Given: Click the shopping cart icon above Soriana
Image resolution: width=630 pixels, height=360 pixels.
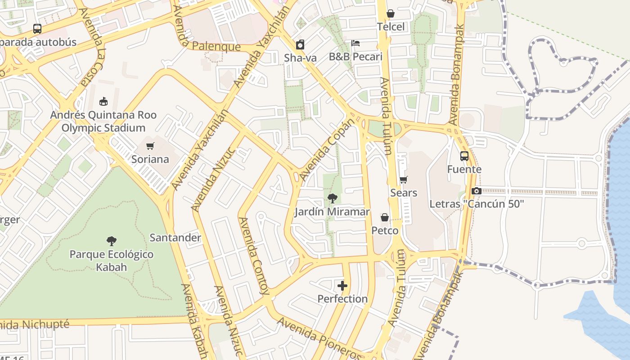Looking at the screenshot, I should point(150,146).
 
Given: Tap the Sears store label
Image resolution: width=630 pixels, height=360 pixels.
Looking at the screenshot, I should point(404,193).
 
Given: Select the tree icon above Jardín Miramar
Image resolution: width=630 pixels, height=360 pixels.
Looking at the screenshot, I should point(333,198).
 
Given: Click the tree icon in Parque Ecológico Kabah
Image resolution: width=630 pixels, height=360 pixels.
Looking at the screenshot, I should point(112,241).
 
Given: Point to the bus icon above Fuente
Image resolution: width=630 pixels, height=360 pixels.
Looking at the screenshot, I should point(464,156).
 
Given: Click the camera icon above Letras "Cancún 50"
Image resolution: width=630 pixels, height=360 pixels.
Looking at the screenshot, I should point(477,191).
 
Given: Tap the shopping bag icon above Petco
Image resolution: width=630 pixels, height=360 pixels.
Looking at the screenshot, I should point(385,218).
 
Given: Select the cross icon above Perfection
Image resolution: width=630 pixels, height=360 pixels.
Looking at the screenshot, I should point(342,286).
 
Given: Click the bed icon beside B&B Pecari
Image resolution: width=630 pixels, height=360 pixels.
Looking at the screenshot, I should point(355,43).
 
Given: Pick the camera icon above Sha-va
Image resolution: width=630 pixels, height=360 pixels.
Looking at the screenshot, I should point(300,45).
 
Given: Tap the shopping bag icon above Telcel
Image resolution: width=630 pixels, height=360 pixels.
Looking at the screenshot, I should point(391,13).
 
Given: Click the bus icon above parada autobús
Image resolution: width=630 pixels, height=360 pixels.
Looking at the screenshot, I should point(37,29).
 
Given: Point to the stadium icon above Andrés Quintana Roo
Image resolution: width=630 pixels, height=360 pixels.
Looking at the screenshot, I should point(103,101).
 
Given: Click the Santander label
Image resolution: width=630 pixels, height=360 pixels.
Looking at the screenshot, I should point(175,238).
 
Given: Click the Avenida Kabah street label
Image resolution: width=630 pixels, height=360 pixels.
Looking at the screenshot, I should point(194,320).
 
